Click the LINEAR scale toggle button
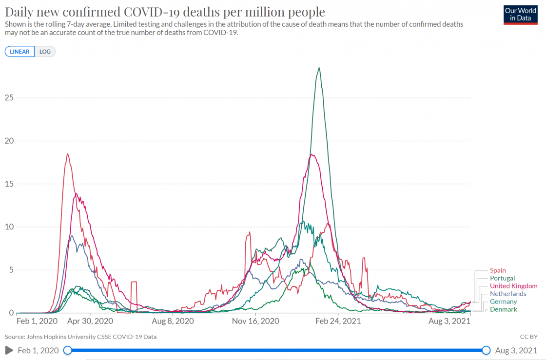click(20, 52)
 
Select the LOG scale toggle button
click(45, 52)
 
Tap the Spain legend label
click(498, 270)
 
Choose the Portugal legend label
click(502, 278)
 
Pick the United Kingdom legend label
click(513, 286)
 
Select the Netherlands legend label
click(508, 294)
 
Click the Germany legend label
click(503, 302)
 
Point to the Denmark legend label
click(504, 309)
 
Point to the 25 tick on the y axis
click(9, 97)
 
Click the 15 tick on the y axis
click(9, 184)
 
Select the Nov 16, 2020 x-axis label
click(255, 322)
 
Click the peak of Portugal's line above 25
click(319, 68)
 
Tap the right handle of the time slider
click(486, 350)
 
